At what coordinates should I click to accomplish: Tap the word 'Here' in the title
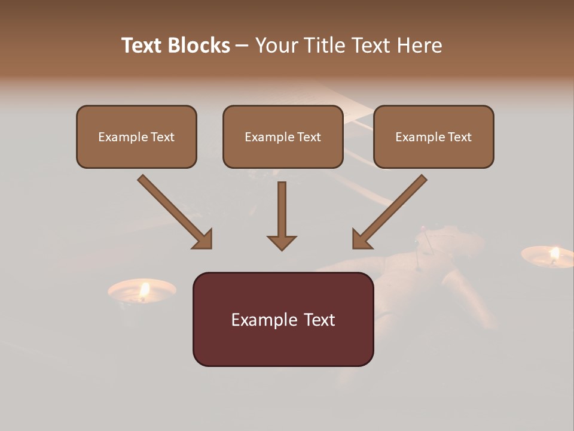coord(421,45)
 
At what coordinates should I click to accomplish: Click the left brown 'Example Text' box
coord(136,136)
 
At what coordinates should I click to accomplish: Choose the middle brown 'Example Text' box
coord(283,136)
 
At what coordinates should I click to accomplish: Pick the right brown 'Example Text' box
coord(433,136)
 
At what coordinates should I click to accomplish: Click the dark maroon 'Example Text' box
coord(283,320)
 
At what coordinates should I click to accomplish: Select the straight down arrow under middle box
coord(282,213)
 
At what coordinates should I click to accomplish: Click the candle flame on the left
coord(144,290)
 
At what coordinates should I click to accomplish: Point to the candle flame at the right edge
coord(554,253)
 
